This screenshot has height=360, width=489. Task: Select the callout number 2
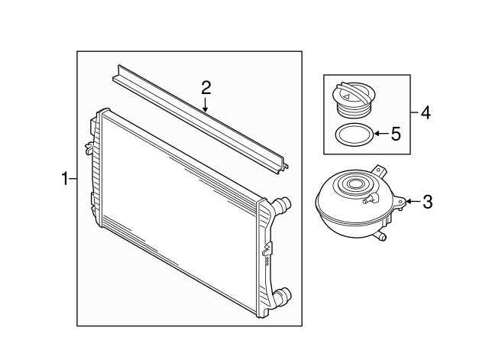206,87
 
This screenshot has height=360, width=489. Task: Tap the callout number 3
428,202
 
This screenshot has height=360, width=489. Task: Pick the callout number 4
426,113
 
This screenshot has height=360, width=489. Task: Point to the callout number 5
395,135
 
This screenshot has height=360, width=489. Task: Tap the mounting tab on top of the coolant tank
378,169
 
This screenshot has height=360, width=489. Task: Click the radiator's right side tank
267,252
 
